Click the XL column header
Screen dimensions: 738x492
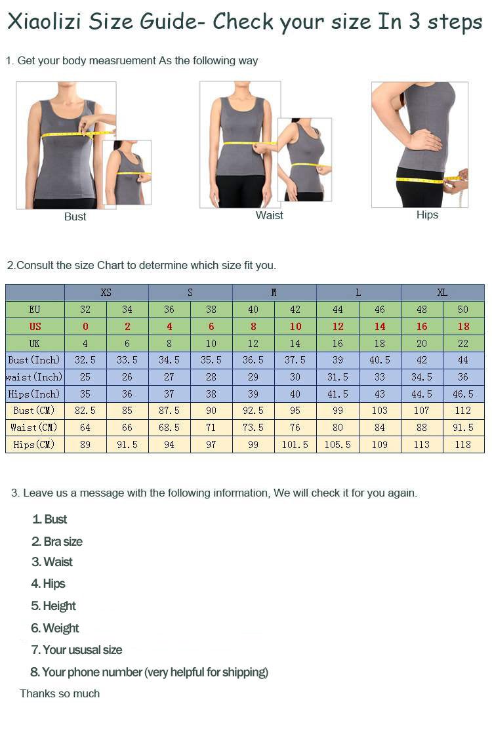click(x=442, y=293)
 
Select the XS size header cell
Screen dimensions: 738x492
click(x=106, y=293)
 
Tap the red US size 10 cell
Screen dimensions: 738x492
click(x=295, y=327)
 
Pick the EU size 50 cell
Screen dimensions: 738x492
click(x=463, y=310)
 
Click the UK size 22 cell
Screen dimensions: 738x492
click(x=463, y=344)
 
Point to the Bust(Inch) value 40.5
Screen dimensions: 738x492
click(x=379, y=360)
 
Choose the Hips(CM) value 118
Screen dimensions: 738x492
click(x=463, y=445)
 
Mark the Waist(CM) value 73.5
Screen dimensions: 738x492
click(x=253, y=428)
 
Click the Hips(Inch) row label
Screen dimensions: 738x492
click(x=34, y=394)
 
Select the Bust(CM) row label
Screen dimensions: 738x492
click(x=34, y=411)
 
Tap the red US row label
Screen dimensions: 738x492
click(x=35, y=327)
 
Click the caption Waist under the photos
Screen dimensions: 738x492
click(x=270, y=216)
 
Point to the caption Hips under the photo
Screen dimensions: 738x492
click(x=427, y=215)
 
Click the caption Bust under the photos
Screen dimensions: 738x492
click(x=75, y=217)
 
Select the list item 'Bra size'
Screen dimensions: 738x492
click(x=57, y=542)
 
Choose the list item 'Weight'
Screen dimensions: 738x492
click(x=55, y=628)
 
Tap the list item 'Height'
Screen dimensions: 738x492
click(x=54, y=606)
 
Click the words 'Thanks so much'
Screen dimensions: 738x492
click(x=60, y=694)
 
